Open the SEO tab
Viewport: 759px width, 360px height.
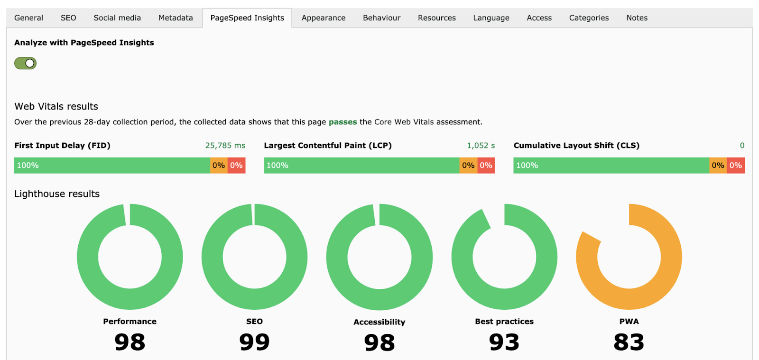68,18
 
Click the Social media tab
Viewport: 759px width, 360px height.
117,18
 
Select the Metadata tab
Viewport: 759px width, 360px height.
176,18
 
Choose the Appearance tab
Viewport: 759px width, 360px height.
324,18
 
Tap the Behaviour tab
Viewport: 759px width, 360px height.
381,18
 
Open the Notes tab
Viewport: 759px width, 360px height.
637,18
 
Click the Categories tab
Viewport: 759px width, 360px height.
589,18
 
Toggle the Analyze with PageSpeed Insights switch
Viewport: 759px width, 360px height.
26,63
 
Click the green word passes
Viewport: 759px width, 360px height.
342,122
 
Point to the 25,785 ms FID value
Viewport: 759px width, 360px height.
225,146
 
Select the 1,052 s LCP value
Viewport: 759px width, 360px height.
481,146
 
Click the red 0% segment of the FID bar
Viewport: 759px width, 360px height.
237,166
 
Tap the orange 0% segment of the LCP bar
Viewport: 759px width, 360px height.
468,166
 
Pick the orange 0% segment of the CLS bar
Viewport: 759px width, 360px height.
718,166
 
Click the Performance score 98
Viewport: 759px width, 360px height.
130,342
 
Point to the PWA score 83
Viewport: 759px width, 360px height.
629,342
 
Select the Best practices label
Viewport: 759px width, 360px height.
504,322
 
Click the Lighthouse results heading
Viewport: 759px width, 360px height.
57,194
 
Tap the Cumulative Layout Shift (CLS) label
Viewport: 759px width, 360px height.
576,146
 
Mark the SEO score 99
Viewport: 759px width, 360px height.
254,342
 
